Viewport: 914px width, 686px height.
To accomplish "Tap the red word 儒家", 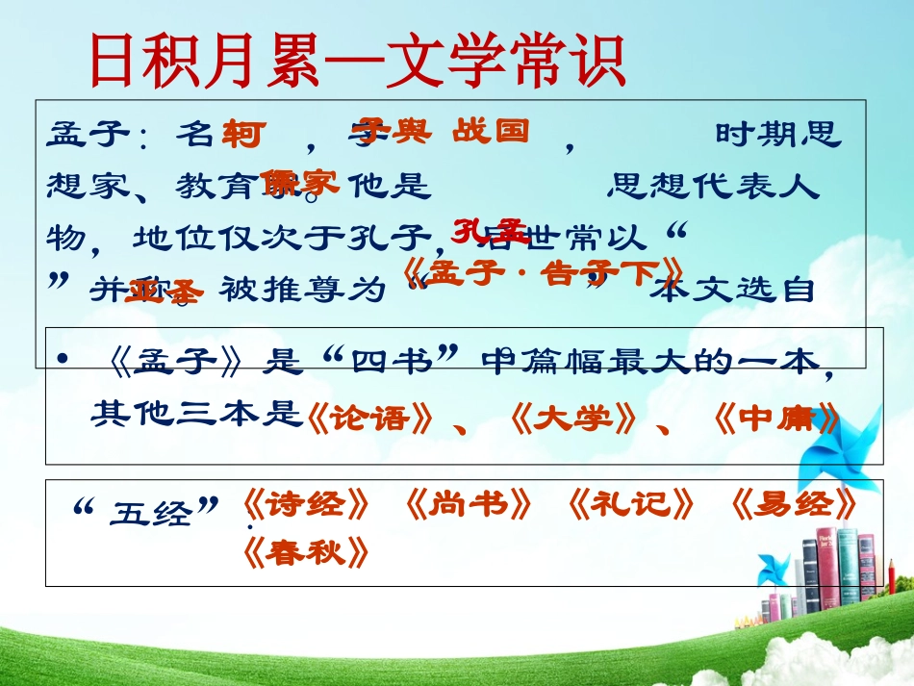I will coord(301,183).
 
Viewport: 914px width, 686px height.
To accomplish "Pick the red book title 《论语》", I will coord(367,419).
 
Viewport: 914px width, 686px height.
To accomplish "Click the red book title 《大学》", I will coord(573,419).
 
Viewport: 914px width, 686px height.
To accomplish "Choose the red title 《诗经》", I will coord(305,504).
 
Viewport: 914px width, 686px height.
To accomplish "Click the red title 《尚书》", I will coord(468,504).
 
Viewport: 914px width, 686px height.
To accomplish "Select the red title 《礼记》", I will coord(630,504).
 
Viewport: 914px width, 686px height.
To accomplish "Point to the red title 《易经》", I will coord(793,504).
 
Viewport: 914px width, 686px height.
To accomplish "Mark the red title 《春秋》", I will coord(305,552).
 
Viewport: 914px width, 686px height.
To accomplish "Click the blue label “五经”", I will coord(147,508).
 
